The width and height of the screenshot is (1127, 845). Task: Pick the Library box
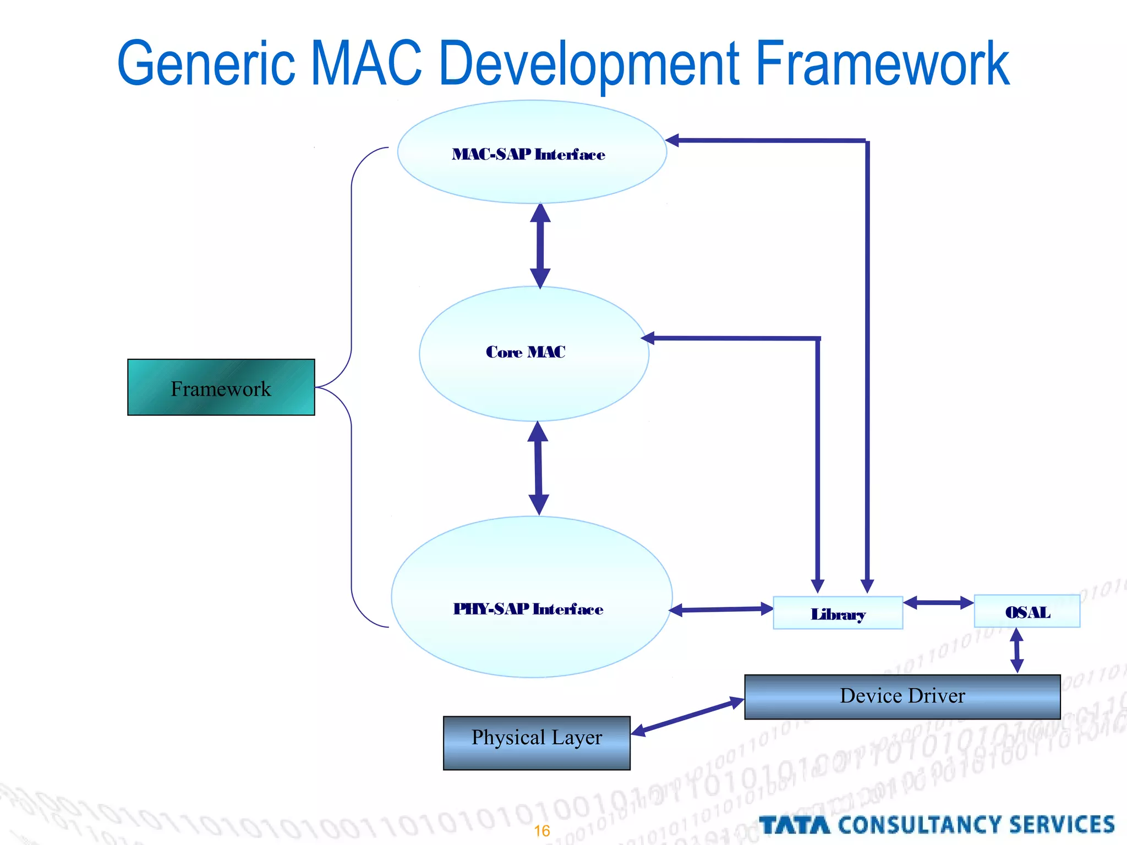(838, 613)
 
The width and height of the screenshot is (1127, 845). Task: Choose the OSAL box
(1027, 611)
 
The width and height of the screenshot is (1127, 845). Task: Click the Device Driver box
(902, 696)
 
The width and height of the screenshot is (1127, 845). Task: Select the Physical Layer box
(537, 742)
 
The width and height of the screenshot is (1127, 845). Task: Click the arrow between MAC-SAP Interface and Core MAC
(540, 245)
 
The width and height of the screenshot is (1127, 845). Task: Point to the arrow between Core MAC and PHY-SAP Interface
(538, 468)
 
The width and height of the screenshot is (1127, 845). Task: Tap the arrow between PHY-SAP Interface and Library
(721, 609)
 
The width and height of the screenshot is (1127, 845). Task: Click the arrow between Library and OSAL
(938, 603)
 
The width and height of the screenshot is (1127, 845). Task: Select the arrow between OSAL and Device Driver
(1017, 651)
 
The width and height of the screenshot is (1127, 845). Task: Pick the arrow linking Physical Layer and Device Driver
(688, 716)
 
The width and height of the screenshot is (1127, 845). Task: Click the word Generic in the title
(206, 64)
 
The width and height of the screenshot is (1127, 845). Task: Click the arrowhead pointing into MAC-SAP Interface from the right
(672, 140)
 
